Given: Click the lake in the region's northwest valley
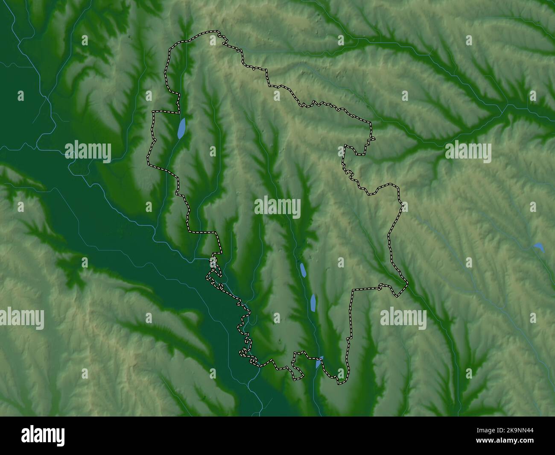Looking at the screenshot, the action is point(182,128).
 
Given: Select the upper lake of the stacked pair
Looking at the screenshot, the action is point(303,270).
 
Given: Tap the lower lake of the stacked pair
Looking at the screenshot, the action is point(313,302).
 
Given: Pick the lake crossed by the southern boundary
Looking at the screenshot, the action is point(318,362).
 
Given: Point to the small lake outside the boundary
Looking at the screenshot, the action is point(538,247).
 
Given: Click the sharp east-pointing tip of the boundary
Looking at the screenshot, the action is point(407,282).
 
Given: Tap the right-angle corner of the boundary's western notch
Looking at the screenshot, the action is point(154,112).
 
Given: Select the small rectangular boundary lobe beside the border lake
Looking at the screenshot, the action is point(298,365).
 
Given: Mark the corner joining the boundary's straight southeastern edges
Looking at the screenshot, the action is point(353,291).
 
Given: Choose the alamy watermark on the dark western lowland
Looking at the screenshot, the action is point(88,152).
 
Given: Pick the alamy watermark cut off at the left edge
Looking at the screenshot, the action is point(21,319).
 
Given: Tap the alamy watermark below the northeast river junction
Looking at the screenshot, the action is point(468,152).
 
